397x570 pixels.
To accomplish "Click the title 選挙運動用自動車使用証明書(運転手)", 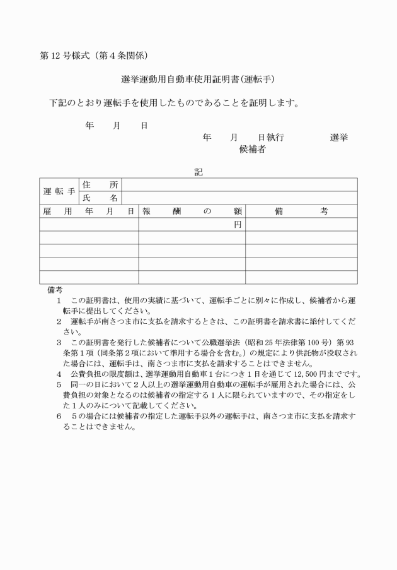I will pyautogui.click(x=198, y=80).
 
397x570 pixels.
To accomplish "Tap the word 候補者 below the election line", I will pyautogui.click(x=252, y=150).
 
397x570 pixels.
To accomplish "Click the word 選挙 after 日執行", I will pyautogui.click(x=339, y=138).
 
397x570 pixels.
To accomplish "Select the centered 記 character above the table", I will pyautogui.click(x=198, y=171).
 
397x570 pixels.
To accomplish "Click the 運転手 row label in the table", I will pyautogui.click(x=59, y=191).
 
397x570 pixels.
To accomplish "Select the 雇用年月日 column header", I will pyautogui.click(x=89, y=211).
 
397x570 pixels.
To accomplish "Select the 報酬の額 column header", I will pyautogui.click(x=192, y=211).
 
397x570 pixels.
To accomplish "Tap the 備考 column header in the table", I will pyautogui.click(x=301, y=211).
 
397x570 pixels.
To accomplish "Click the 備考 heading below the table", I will pyautogui.click(x=55, y=290).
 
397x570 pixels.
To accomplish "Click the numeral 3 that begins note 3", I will pyautogui.click(x=59, y=341).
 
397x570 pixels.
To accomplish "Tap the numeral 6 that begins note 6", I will pyautogui.click(x=59, y=417).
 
